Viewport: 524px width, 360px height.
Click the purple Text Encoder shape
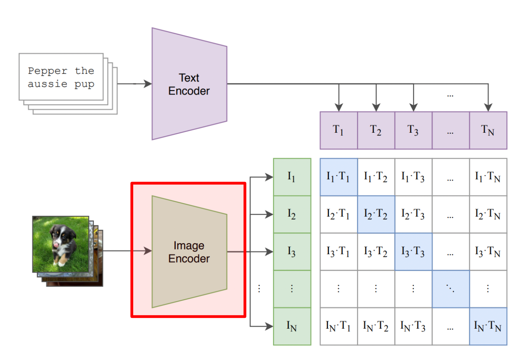(189, 84)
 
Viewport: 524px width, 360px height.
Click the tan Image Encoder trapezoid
(189, 252)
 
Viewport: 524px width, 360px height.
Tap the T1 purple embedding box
(339, 130)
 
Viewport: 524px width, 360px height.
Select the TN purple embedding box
(488, 130)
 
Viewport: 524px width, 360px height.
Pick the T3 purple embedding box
(413, 130)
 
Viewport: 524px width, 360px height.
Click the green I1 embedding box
(292, 177)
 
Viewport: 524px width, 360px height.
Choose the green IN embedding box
(292, 326)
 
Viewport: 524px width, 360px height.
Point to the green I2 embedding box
(292, 214)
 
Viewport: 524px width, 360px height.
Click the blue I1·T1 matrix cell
(339, 177)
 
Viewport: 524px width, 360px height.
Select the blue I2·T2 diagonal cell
(376, 214)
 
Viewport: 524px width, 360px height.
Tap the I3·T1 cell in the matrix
(339, 252)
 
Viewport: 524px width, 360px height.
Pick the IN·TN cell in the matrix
(488, 326)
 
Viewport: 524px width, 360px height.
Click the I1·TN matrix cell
(488, 177)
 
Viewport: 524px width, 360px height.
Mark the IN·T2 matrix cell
(376, 326)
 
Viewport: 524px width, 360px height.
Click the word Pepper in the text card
(48, 71)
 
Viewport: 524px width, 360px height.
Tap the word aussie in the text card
(47, 84)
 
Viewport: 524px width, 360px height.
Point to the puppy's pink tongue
(56, 245)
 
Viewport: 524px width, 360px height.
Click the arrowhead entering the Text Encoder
(148, 84)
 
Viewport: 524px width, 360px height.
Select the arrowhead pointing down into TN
(488, 108)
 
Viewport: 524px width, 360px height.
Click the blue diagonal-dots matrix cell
(451, 289)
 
